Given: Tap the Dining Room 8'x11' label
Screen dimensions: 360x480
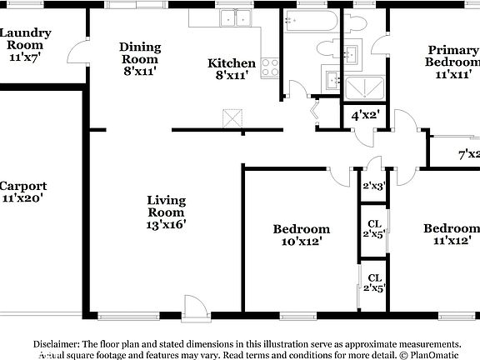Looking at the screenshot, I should (139, 59).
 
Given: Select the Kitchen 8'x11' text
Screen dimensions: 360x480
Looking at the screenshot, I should (232, 69).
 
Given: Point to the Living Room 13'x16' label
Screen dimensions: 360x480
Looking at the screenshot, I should (166, 212).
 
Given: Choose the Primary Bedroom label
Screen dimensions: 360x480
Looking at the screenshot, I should (453, 62).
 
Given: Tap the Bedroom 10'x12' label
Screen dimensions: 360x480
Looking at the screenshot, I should (302, 234).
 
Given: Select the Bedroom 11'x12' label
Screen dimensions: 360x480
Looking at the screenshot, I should (451, 234).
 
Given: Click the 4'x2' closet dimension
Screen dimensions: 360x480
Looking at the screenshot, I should (364, 115).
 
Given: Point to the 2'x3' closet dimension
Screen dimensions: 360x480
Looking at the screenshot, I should (372, 187).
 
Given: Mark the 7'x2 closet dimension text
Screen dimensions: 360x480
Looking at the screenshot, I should (468, 154).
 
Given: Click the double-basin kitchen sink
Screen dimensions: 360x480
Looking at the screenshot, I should (234, 17).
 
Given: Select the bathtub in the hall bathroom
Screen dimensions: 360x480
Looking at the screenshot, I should (309, 21).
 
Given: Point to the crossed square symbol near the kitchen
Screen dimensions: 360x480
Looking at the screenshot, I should (232, 119).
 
